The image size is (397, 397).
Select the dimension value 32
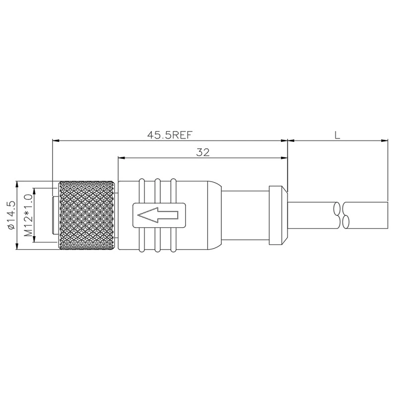[x=202, y=152]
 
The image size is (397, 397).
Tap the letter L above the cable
[x=337, y=134]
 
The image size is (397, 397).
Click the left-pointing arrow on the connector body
[x=157, y=215]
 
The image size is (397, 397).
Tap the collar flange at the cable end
[x=278, y=215]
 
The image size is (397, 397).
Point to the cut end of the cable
[x=388, y=215]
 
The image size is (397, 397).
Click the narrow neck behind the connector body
[x=246, y=215]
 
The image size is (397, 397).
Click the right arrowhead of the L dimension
[x=385, y=141]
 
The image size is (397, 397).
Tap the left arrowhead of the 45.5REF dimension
[x=56, y=141]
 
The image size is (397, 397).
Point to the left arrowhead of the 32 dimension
[x=121, y=159]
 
